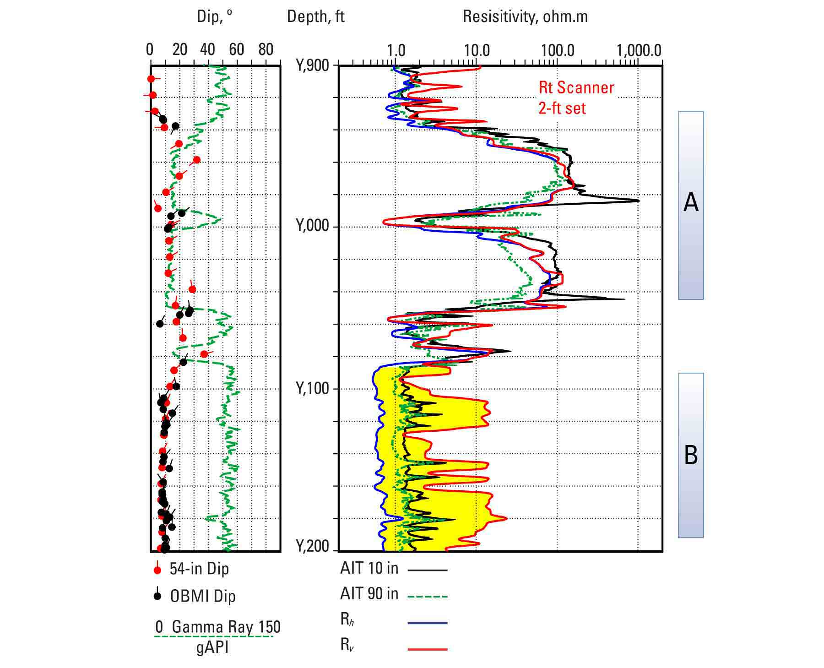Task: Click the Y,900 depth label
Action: (x=313, y=66)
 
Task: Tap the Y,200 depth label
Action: (x=313, y=547)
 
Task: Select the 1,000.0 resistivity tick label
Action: (x=639, y=50)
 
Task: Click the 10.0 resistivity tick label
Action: (x=477, y=50)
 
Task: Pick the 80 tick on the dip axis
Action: (x=266, y=50)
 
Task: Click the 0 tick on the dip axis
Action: (x=150, y=50)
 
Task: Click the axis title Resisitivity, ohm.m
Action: (x=525, y=16)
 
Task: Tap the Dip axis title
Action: (x=214, y=16)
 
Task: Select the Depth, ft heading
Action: (x=315, y=16)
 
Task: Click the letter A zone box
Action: (x=690, y=205)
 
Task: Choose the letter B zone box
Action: (x=690, y=455)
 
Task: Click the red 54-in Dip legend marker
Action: (x=157, y=569)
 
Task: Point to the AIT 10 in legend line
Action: (x=427, y=570)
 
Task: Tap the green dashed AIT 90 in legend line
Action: (x=427, y=596)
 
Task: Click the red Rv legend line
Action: (x=427, y=648)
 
